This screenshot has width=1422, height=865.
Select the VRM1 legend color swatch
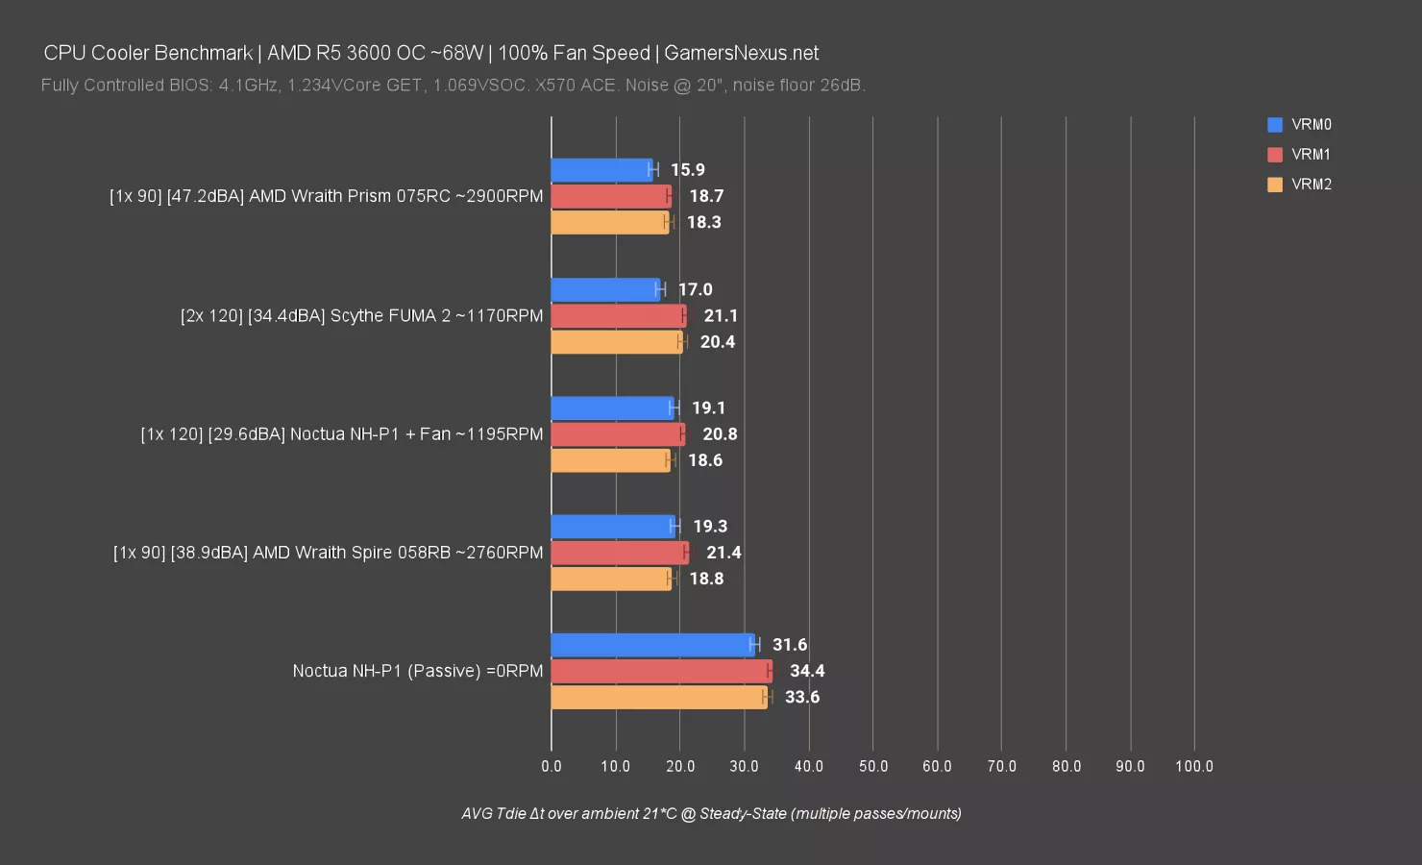tap(1275, 155)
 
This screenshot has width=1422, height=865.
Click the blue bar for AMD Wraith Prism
tap(601, 170)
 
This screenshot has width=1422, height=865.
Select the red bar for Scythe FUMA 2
tap(618, 315)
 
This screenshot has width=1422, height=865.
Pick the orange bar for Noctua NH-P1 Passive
tap(658, 697)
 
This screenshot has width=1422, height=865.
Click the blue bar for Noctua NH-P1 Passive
tap(652, 645)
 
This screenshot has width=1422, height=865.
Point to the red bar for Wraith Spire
tap(619, 553)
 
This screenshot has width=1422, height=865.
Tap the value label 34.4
tap(807, 671)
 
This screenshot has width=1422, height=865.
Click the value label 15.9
tap(688, 170)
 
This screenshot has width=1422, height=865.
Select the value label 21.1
tap(721, 315)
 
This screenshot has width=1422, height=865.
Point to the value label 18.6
tap(705, 460)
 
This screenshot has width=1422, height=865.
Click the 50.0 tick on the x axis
tap(872, 766)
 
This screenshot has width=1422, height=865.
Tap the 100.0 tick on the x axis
tap(1194, 766)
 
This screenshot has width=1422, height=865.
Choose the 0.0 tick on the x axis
tap(552, 766)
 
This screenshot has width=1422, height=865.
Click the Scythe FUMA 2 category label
tap(361, 315)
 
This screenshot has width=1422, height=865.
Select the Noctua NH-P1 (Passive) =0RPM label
tap(418, 671)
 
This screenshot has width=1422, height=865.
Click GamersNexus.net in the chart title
tap(741, 53)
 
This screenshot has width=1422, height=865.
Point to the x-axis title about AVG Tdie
tap(711, 813)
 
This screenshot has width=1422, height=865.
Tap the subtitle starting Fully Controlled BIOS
tap(453, 86)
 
